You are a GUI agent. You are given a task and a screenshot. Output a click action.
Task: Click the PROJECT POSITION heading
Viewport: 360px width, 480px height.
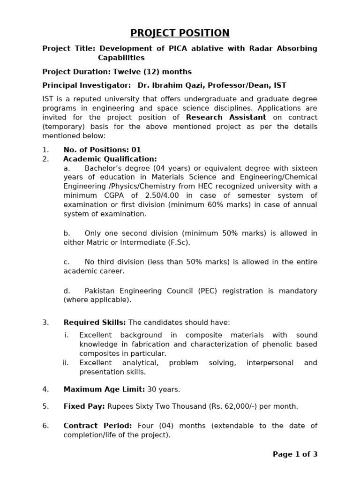click(180, 33)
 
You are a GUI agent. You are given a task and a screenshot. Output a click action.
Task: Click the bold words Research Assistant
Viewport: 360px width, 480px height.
click(226, 117)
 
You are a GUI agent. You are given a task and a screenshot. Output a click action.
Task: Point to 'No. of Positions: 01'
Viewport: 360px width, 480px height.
click(102, 150)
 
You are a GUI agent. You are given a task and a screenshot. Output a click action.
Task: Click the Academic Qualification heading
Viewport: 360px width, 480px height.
click(110, 159)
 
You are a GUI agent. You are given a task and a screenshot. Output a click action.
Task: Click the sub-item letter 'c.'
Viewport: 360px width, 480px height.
click(67, 262)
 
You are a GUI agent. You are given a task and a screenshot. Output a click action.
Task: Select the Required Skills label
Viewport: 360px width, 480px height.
click(95, 322)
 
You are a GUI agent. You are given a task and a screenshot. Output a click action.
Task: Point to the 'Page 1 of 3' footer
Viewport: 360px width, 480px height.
click(295, 454)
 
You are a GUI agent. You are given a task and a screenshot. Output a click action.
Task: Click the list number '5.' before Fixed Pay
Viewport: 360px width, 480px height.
click(45, 406)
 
